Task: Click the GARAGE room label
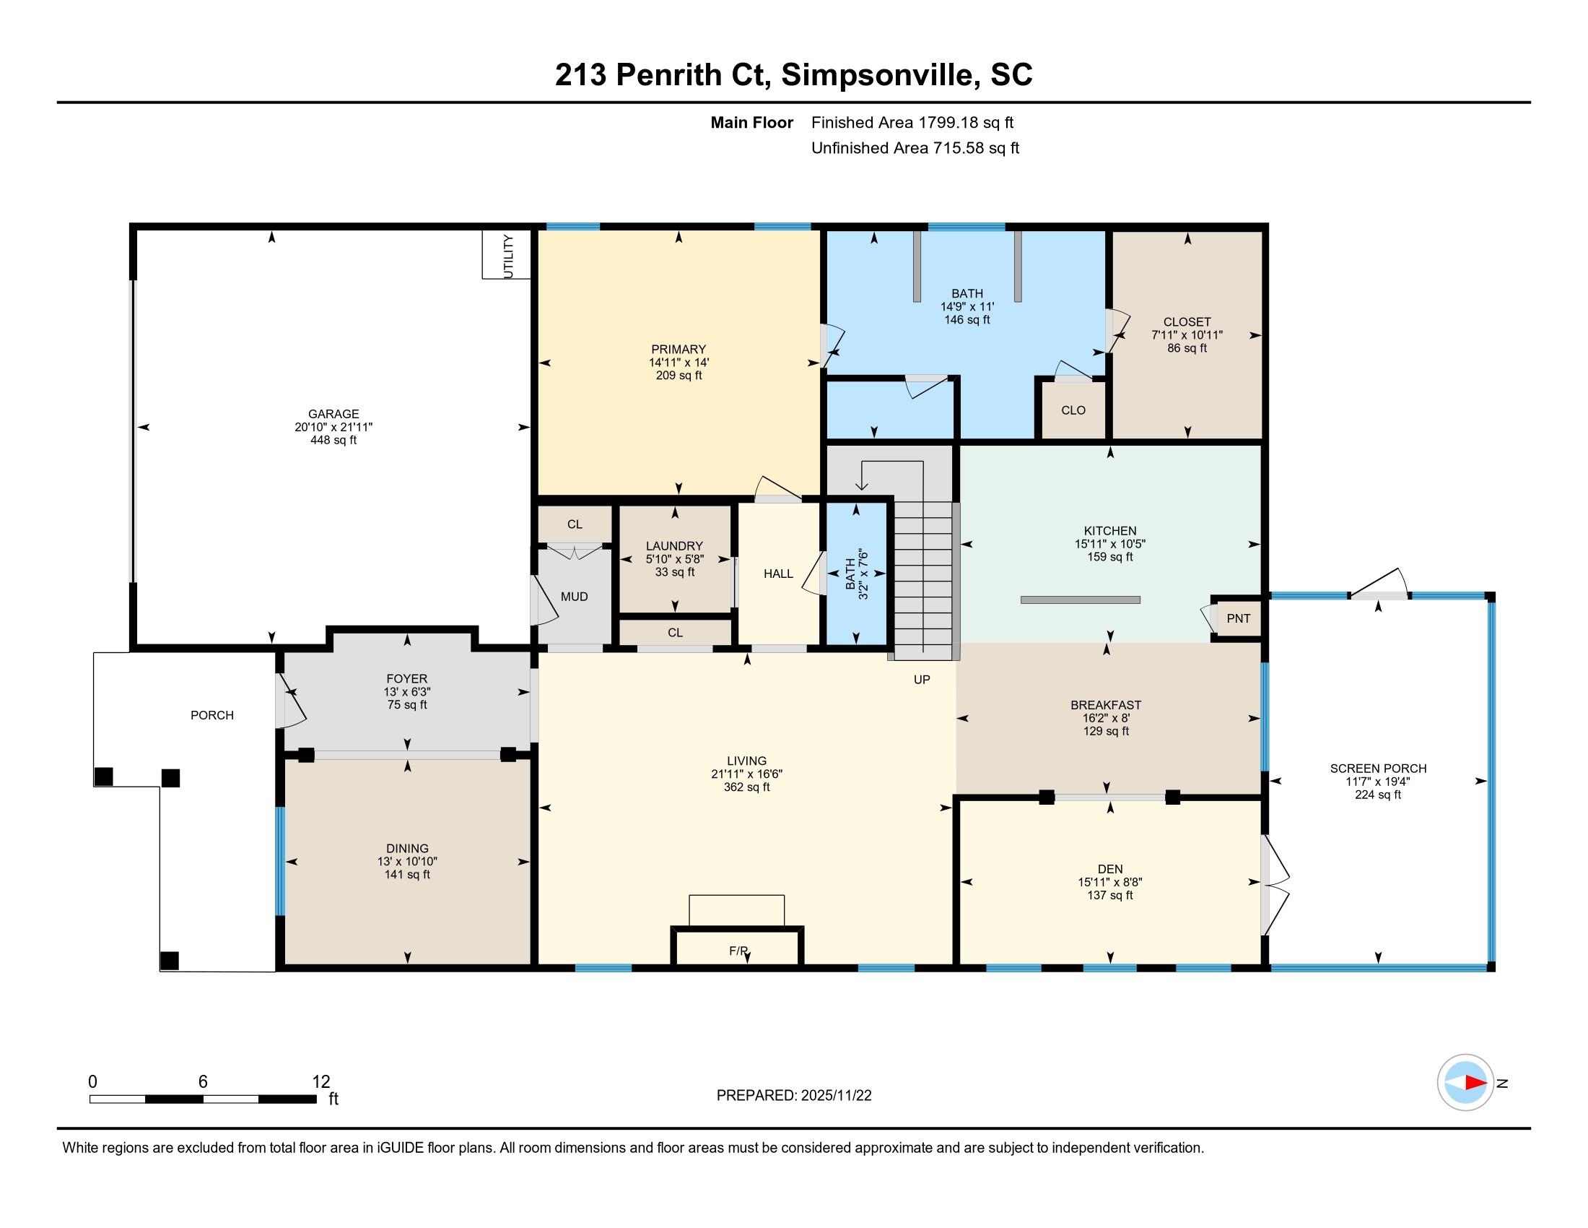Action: (x=333, y=414)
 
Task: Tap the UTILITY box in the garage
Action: (x=507, y=254)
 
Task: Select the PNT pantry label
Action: (x=1238, y=618)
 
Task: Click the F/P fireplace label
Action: (x=738, y=951)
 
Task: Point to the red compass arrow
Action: (x=1475, y=1083)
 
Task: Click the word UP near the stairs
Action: (x=922, y=680)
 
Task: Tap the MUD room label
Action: (x=575, y=597)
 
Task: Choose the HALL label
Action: (x=778, y=574)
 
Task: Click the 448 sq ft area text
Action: (x=333, y=440)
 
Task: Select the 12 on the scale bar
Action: (x=321, y=1082)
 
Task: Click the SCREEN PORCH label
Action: (x=1378, y=769)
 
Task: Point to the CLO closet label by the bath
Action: (x=1073, y=410)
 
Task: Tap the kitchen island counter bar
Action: (x=1081, y=600)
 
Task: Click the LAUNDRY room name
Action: (x=674, y=545)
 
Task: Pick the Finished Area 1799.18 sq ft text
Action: (x=912, y=122)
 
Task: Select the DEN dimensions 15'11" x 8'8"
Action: (x=1109, y=882)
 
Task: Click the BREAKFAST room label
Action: (x=1106, y=705)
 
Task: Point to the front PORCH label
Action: (x=212, y=715)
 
